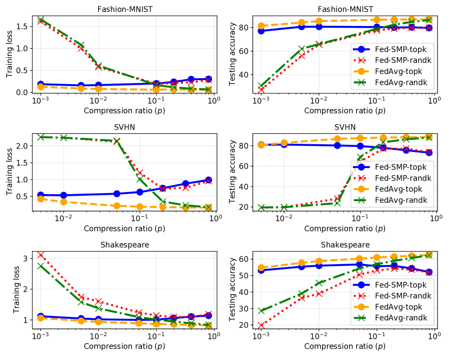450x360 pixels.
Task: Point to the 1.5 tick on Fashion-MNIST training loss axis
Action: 23,26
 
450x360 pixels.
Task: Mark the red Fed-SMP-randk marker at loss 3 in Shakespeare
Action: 41,255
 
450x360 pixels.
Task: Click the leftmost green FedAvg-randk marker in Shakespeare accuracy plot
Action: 262,311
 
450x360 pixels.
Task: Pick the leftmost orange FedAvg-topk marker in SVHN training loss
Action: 41,199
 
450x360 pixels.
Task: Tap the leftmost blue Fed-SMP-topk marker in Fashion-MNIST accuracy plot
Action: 262,31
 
